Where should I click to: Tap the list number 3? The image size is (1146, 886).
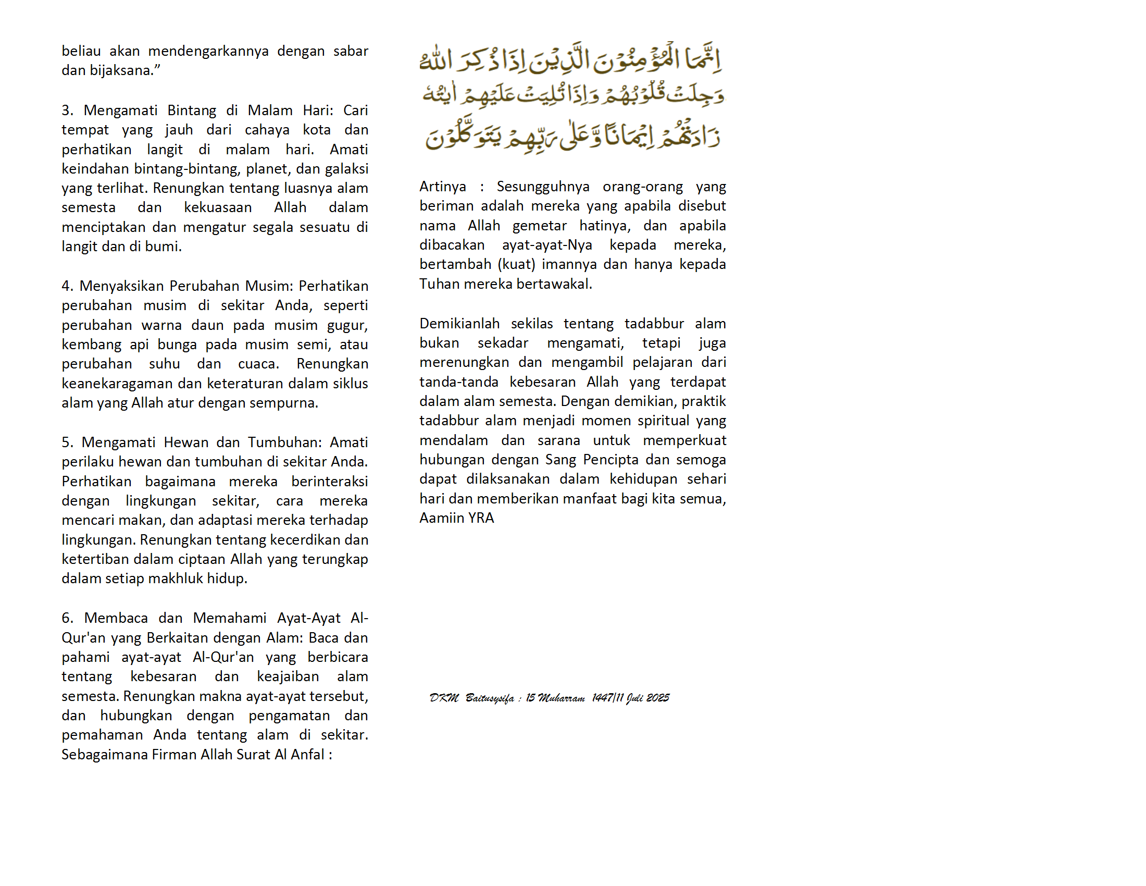67,110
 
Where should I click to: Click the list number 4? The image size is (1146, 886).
67,286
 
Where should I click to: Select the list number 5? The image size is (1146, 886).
67,442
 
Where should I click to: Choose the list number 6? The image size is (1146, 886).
67,618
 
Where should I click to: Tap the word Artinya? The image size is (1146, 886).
442,187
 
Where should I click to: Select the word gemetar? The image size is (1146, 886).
540,226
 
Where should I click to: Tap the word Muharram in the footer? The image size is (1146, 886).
561,698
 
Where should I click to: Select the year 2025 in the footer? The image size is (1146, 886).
657,698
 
